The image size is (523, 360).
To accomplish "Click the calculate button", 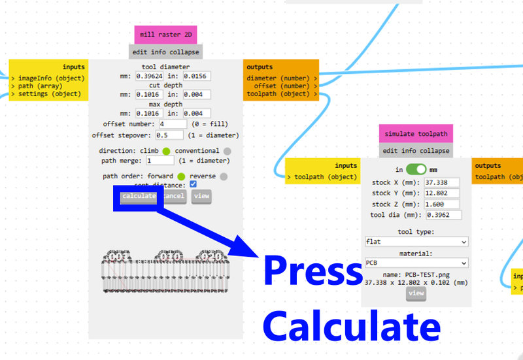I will click(139, 196).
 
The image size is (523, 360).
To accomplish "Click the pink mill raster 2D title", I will click(165, 35).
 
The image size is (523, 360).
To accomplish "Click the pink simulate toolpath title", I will click(416, 134).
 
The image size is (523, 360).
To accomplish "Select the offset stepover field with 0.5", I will click(172, 135).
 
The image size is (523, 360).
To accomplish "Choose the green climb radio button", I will click(166, 151).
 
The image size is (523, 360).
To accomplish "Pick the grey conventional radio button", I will click(227, 151).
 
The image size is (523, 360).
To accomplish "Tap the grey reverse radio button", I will click(224, 176).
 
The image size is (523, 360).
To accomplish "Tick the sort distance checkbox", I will click(194, 185).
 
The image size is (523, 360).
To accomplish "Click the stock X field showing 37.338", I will click(442, 182).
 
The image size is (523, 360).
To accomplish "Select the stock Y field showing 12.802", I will click(442, 193).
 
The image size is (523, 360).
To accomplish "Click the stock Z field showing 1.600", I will click(442, 204).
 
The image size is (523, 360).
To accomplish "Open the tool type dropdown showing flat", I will click(416, 242).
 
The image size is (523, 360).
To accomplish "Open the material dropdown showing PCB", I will click(416, 263).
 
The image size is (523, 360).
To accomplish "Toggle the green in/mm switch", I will click(416, 169).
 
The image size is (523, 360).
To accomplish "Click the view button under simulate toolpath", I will click(416, 294).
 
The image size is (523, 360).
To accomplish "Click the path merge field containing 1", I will click(160, 160).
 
